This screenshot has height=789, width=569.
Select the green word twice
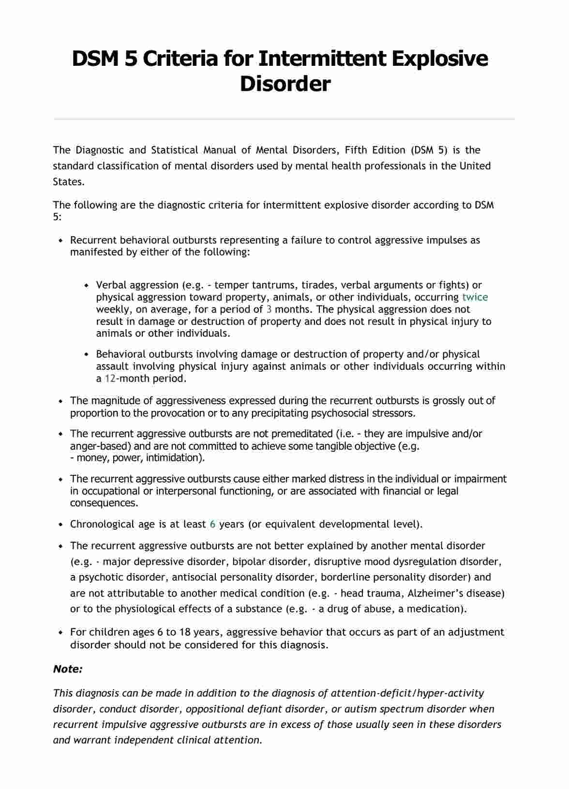[x=475, y=297]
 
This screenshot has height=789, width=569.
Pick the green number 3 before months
[x=269, y=309]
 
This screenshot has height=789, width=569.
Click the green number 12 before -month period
[x=110, y=379]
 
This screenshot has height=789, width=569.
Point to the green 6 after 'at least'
[x=212, y=524]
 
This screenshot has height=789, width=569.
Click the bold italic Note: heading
[x=68, y=669]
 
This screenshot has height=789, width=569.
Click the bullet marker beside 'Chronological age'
[x=60, y=525]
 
